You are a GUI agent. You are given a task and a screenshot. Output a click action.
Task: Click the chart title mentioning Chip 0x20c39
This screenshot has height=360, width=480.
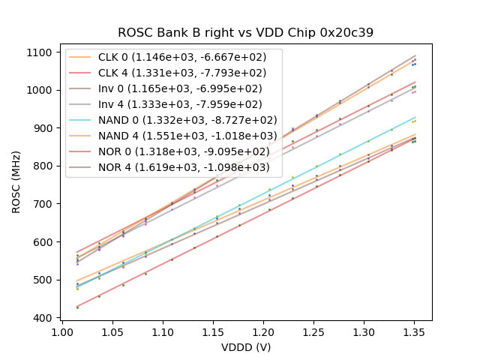coord(245,33)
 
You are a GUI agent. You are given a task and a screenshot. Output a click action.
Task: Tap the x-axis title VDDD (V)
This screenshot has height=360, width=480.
coord(245,347)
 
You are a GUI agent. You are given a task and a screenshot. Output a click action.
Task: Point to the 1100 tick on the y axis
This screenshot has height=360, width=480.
coord(41,52)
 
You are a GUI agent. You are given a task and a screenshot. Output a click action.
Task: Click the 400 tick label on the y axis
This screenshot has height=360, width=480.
coord(44,318)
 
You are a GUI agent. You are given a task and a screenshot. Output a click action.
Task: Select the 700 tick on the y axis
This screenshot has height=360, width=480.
coord(44,204)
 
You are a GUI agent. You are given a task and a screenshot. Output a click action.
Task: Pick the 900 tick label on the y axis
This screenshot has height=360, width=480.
coord(44,128)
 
